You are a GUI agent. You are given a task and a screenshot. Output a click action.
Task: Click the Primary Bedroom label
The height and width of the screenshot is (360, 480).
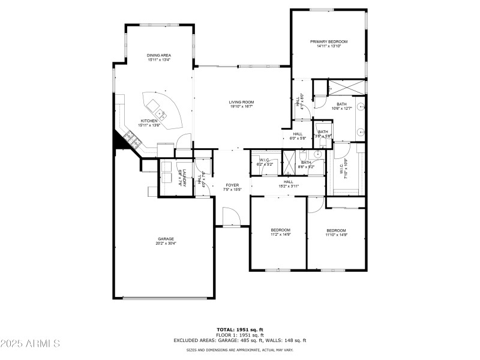(329, 42)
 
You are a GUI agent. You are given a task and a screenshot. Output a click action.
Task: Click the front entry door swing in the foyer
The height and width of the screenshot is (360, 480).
(228, 215)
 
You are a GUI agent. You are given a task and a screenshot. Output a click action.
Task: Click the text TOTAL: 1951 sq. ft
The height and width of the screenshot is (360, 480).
(240, 329)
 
